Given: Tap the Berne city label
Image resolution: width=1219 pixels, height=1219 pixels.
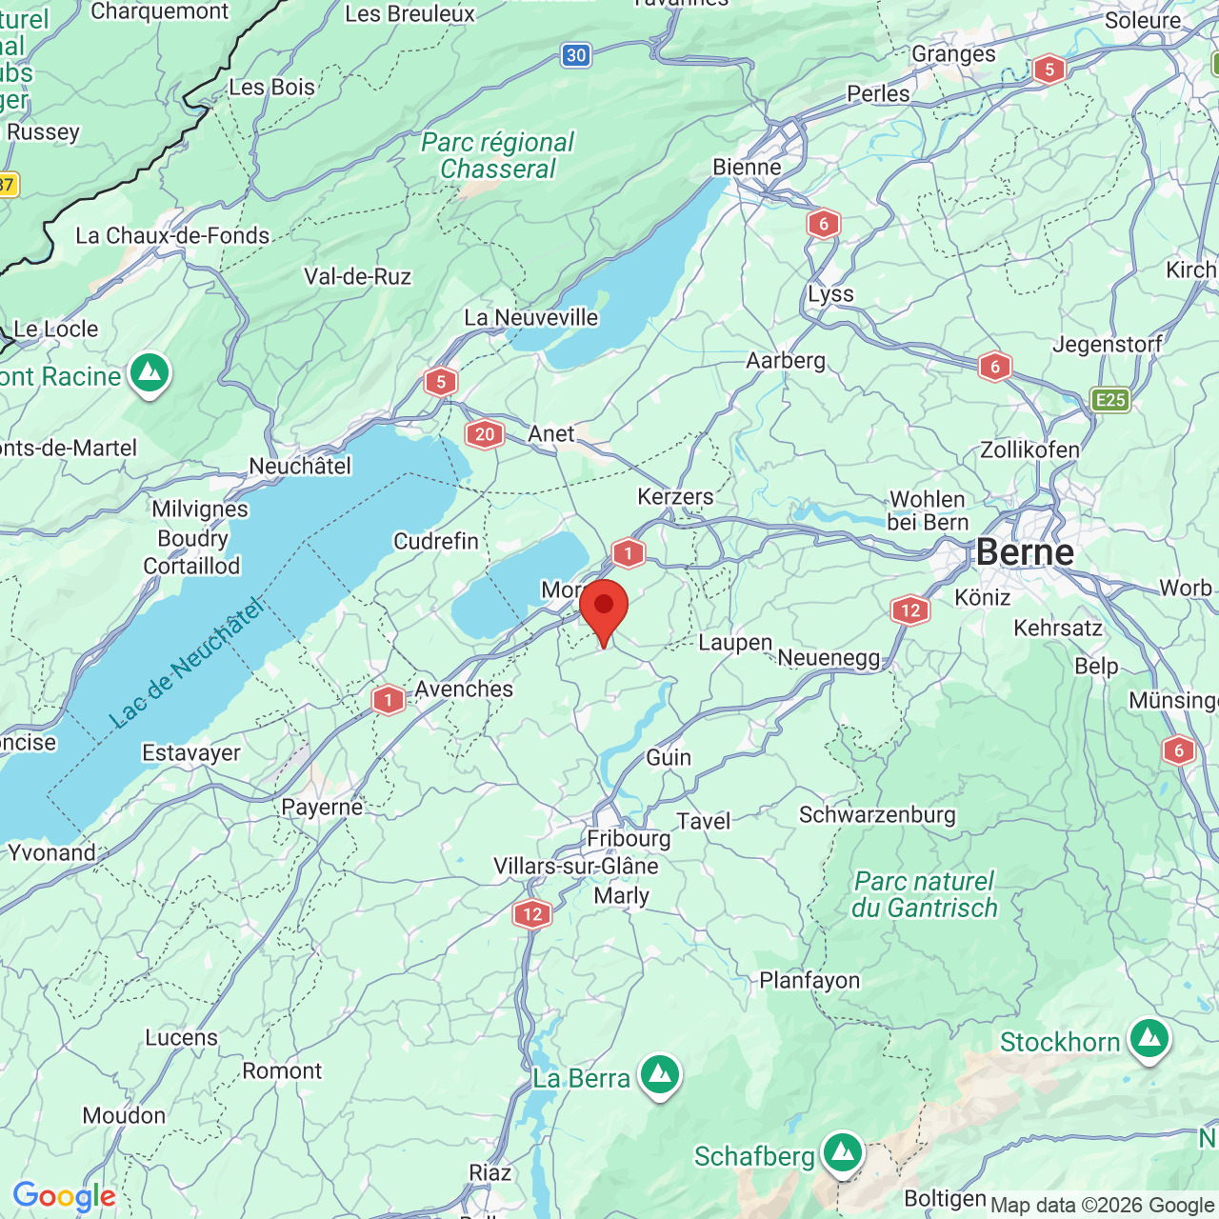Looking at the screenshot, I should pyautogui.click(x=1025, y=552).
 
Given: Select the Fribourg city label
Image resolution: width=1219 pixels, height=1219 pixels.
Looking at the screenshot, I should pyautogui.click(x=629, y=839).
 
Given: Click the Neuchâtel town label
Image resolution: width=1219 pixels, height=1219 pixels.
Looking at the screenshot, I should pyautogui.click(x=300, y=466).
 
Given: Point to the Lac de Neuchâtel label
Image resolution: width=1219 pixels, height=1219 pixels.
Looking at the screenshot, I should pyautogui.click(x=186, y=663).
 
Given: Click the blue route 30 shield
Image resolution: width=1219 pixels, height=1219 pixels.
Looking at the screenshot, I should pyautogui.click(x=576, y=55).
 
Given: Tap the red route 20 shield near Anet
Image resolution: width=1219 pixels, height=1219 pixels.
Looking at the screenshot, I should pyautogui.click(x=485, y=434).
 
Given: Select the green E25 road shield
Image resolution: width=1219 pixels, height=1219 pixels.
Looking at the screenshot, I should pyautogui.click(x=1110, y=400).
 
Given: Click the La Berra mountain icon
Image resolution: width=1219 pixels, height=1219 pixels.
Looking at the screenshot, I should pyautogui.click(x=660, y=1075).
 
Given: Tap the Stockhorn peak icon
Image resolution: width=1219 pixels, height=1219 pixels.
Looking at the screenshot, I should pyautogui.click(x=1149, y=1040).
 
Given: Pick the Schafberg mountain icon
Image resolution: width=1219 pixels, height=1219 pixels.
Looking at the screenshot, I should pyautogui.click(x=842, y=1154).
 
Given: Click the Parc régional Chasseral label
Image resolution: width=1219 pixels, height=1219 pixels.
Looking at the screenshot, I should pyautogui.click(x=498, y=156).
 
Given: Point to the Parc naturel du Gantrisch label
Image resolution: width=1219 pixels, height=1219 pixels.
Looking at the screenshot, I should pyautogui.click(x=924, y=895).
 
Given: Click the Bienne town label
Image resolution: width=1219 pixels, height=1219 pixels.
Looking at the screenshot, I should pyautogui.click(x=747, y=168).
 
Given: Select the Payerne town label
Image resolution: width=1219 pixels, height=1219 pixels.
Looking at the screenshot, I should pyautogui.click(x=322, y=808).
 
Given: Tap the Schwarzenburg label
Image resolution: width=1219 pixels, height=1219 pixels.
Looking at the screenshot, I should pyautogui.click(x=877, y=814).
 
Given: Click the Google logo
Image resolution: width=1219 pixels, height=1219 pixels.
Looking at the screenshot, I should pyautogui.click(x=64, y=1196).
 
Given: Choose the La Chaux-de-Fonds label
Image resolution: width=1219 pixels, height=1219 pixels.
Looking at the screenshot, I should pyautogui.click(x=172, y=235).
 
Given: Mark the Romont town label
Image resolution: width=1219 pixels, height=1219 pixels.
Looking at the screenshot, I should pyautogui.click(x=282, y=1070).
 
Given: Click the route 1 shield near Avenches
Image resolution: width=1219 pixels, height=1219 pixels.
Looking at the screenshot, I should pyautogui.click(x=389, y=700).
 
